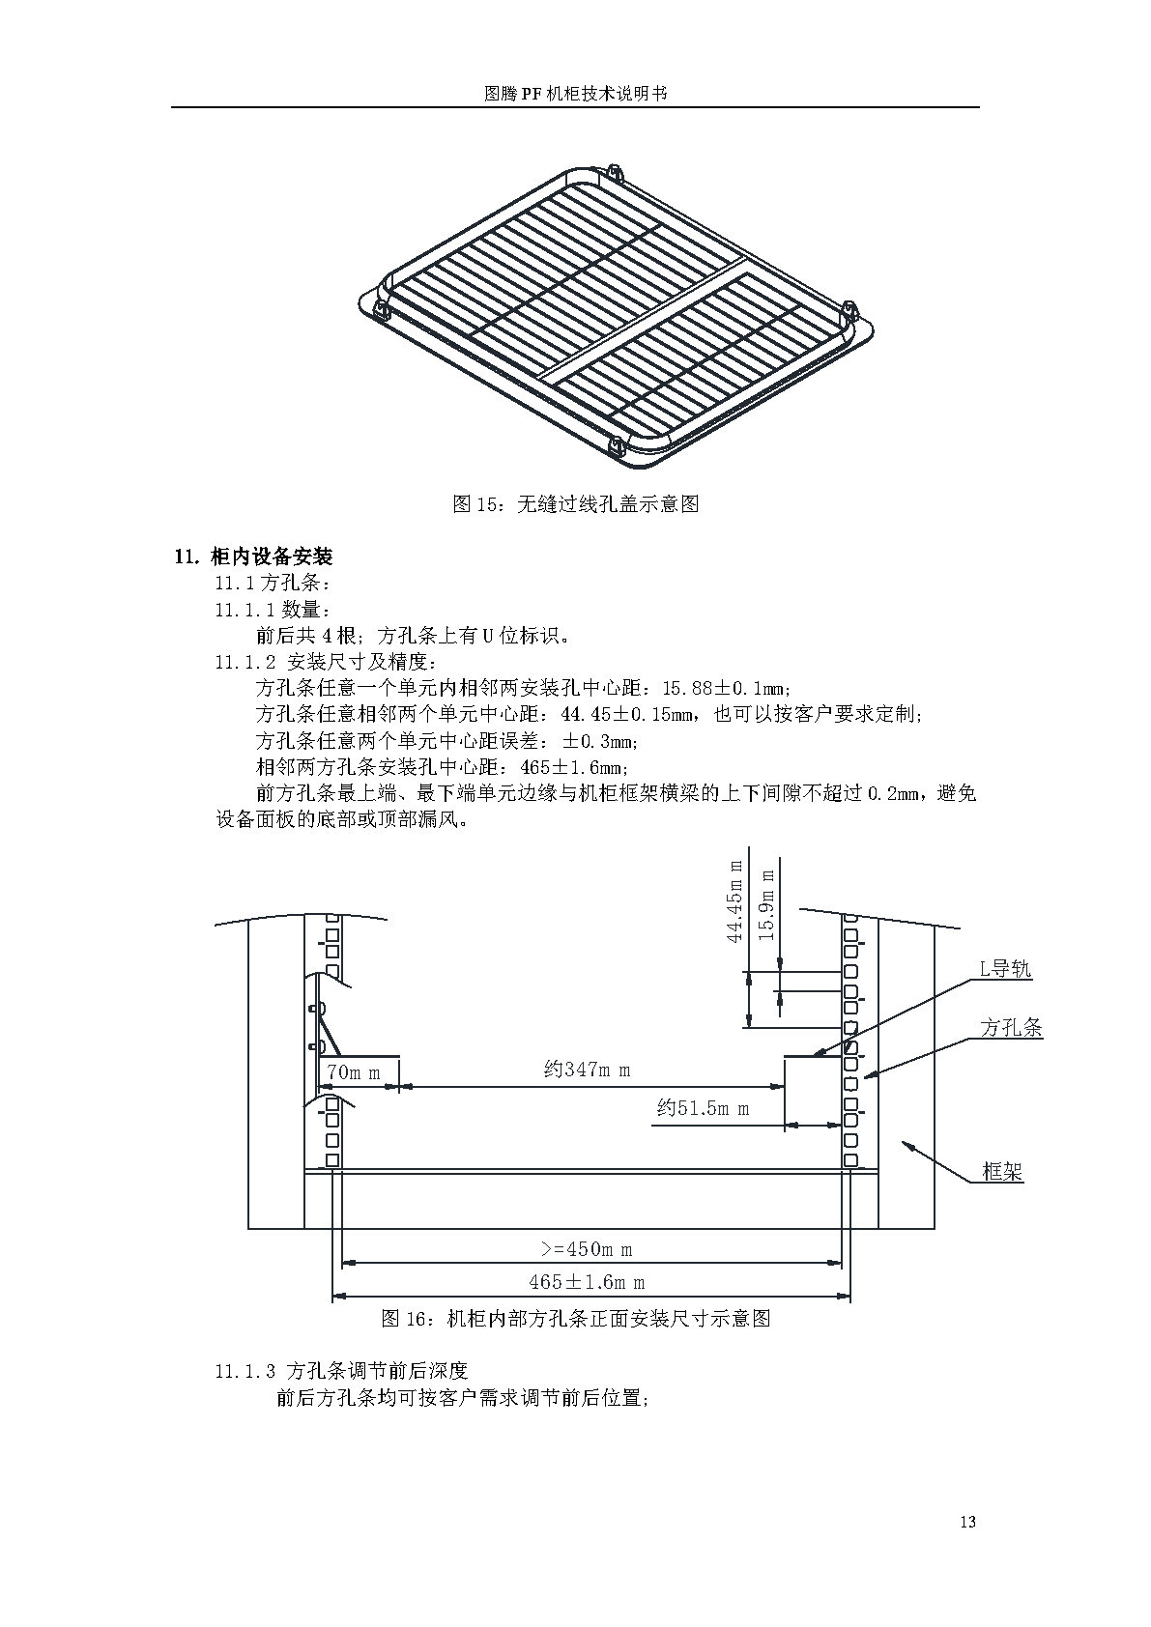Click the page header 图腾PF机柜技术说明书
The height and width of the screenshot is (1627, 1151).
click(x=575, y=94)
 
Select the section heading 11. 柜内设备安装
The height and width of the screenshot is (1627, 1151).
click(x=253, y=557)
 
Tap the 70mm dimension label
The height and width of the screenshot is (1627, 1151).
click(x=353, y=1072)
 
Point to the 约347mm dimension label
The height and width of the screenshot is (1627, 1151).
click(x=587, y=1070)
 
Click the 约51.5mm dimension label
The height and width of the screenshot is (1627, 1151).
click(x=703, y=1108)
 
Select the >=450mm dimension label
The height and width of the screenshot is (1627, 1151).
click(x=587, y=1249)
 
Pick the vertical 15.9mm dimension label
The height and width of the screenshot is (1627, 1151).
click(x=766, y=904)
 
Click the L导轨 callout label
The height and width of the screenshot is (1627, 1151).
click(x=1005, y=969)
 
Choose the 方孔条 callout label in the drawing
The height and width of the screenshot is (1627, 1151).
click(x=1011, y=1028)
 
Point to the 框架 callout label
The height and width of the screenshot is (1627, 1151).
click(x=1002, y=1173)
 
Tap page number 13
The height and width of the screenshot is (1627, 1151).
click(x=968, y=1523)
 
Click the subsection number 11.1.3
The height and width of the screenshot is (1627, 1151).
click(x=245, y=1371)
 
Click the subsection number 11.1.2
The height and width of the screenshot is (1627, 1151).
click(x=245, y=663)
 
